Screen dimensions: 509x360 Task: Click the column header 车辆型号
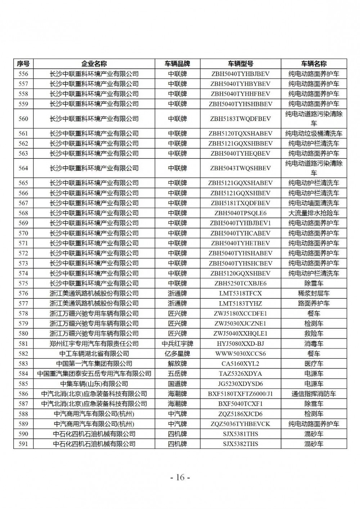[240, 64]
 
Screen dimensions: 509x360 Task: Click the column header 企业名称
[94, 64]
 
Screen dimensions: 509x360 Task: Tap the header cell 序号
[23, 64]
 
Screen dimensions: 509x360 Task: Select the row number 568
[23, 213]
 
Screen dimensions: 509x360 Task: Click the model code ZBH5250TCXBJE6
[240, 283]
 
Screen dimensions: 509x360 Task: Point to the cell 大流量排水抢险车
[314, 213]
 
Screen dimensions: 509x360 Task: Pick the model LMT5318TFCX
[240, 293]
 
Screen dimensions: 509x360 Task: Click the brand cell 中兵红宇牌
[177, 343]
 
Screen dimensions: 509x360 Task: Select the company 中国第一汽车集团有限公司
[94, 364]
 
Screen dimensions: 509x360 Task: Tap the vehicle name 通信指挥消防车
[314, 394]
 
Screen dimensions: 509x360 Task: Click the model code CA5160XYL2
[240, 364]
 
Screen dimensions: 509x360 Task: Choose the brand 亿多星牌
[177, 353]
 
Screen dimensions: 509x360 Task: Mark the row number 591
[23, 444]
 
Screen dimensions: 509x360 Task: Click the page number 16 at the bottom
[180, 478]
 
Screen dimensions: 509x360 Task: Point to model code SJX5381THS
[240, 434]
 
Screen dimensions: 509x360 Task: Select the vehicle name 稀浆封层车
[314, 293]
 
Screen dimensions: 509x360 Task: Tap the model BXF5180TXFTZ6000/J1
[240, 394]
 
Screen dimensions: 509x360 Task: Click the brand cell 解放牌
[177, 364]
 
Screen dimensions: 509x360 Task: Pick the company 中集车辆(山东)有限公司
[94, 384]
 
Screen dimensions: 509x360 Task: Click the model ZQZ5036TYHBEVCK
[240, 424]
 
